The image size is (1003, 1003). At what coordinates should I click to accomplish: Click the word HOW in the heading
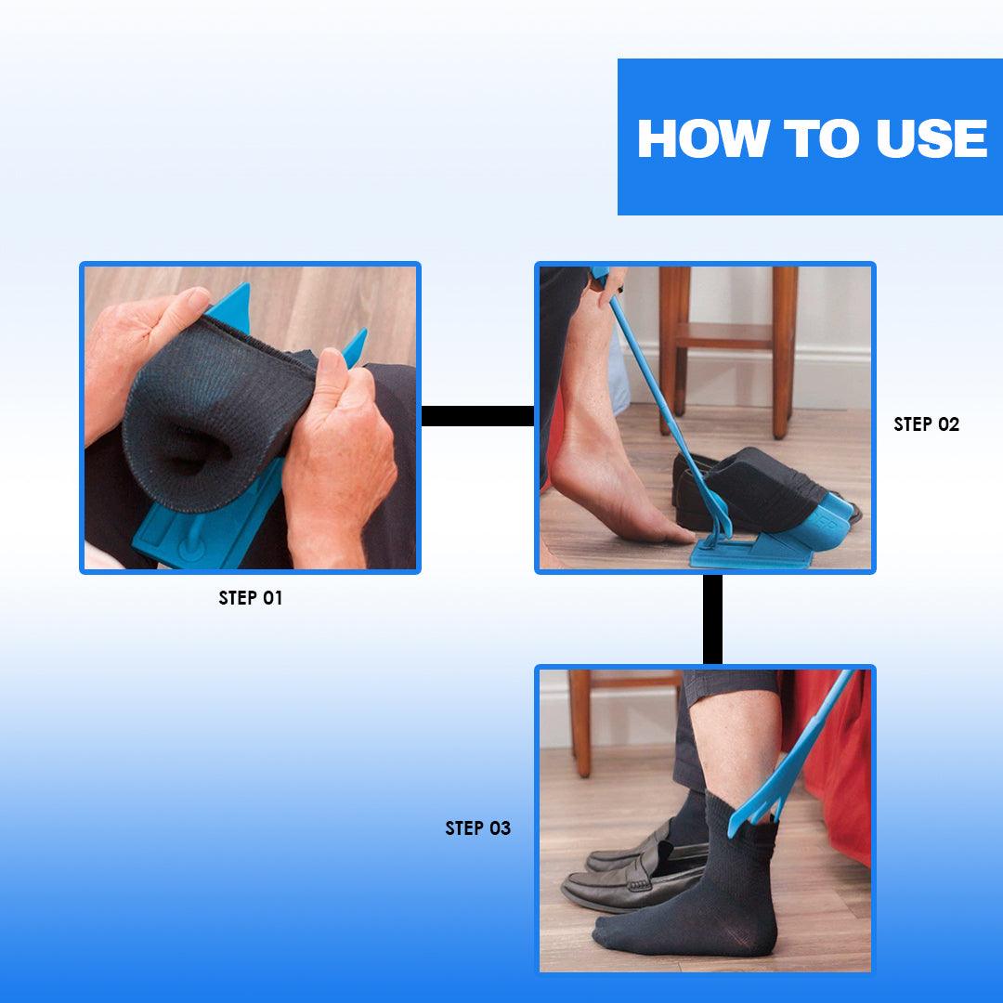tap(703, 138)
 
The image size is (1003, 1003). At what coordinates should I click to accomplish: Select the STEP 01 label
tap(250, 598)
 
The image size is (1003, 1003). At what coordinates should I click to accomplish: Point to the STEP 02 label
tap(926, 424)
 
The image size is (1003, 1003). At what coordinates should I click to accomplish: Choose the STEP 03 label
tap(477, 828)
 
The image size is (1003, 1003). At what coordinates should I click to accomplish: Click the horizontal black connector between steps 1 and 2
tap(477, 416)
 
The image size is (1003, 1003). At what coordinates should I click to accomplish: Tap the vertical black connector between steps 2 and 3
tap(712, 619)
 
